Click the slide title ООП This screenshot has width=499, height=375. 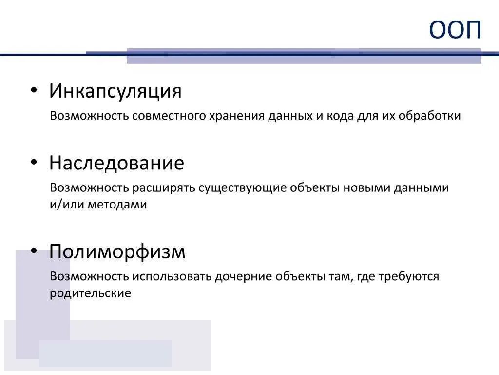point(455,31)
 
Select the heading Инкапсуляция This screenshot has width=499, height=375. point(115,91)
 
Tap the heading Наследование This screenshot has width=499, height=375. point(116,163)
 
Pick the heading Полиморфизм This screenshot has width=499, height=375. point(117,252)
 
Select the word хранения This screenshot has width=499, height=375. point(237,117)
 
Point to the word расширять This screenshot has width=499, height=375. point(164,188)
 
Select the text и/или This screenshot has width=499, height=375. point(67,205)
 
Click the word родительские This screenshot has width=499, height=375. point(90,293)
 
